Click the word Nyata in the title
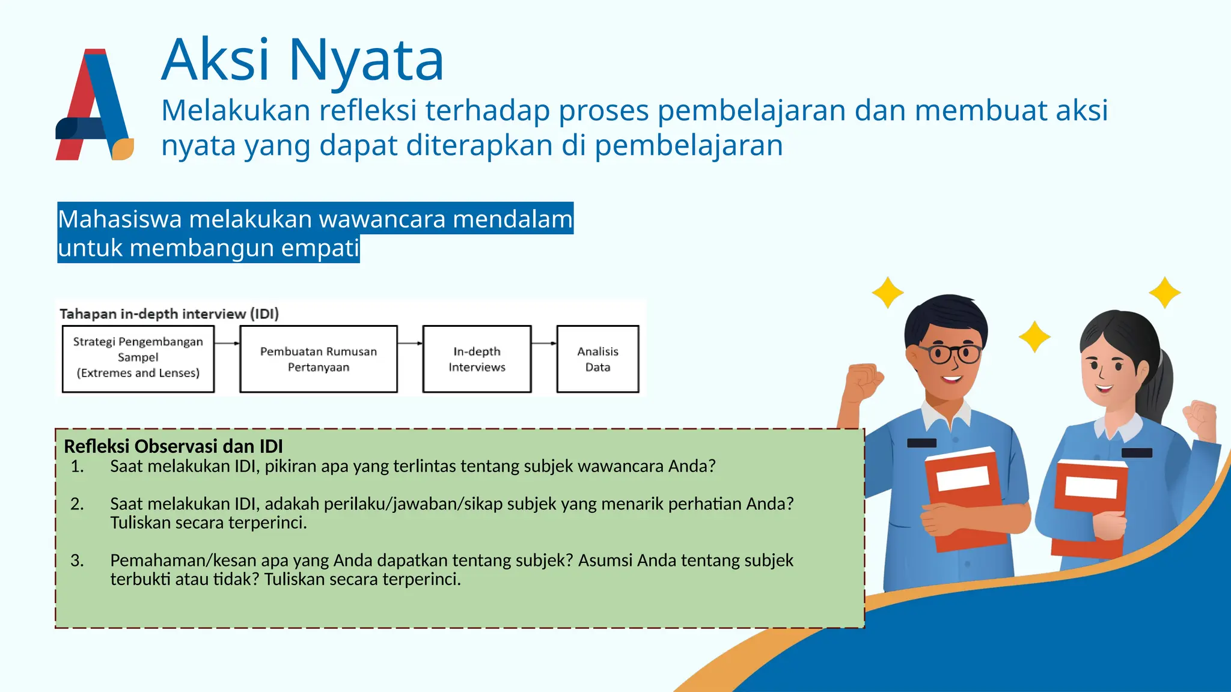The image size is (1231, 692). pyautogui.click(x=366, y=60)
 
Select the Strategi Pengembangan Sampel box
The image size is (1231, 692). pyautogui.click(x=138, y=359)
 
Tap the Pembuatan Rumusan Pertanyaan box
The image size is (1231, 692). pyautogui.click(x=319, y=359)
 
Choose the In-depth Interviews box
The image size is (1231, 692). pyautogui.click(x=477, y=359)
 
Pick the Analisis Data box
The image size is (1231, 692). pyautogui.click(x=597, y=359)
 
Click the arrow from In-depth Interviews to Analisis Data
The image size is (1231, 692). pyautogui.click(x=544, y=344)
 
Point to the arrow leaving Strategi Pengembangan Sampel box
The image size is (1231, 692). pyautogui.click(x=227, y=344)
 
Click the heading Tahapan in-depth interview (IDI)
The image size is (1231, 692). pyautogui.click(x=169, y=314)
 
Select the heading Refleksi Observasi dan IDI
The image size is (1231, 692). pyautogui.click(x=173, y=446)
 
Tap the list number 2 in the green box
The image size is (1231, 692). pyautogui.click(x=77, y=503)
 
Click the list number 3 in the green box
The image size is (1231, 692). pyautogui.click(x=77, y=560)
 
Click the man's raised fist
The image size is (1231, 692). pyautogui.click(x=863, y=381)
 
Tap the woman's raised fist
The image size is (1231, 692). pyautogui.click(x=1199, y=417)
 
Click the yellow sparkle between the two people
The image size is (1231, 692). pyautogui.click(x=1034, y=337)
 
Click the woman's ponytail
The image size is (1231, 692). pyautogui.click(x=1157, y=384)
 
